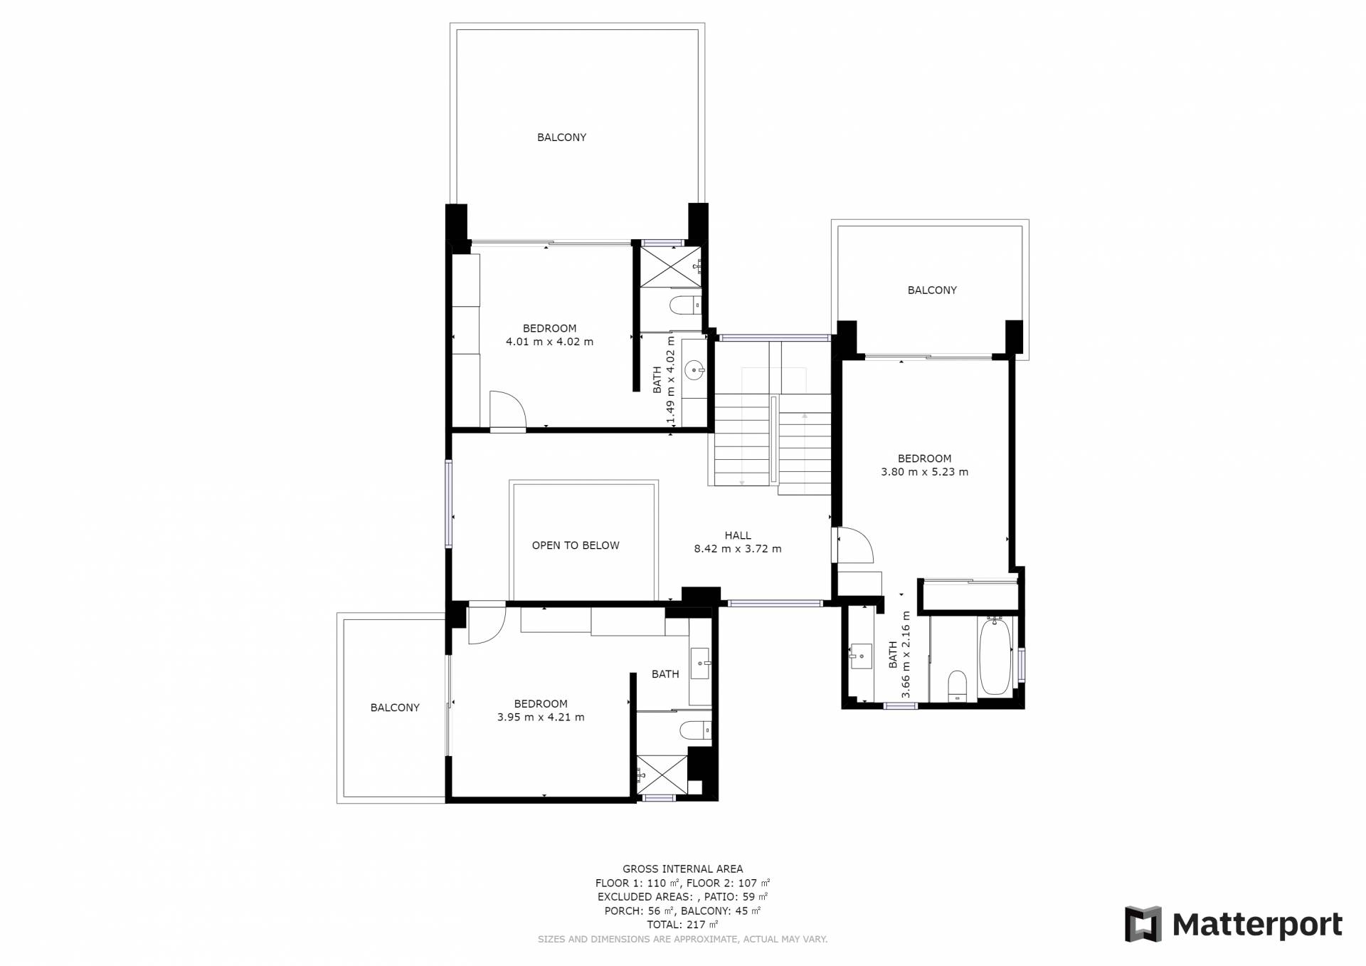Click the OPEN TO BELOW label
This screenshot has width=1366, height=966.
[x=576, y=545]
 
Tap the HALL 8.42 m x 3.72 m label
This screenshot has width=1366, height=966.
[x=738, y=542]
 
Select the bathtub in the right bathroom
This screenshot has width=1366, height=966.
[x=995, y=656]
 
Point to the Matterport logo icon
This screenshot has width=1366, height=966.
[x=1143, y=924]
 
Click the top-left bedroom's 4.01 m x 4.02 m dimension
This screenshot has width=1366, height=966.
[x=549, y=342]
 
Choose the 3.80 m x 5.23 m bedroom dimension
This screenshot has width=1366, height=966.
[x=924, y=472]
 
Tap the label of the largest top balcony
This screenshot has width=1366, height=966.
[x=561, y=137]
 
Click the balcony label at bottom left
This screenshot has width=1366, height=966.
[x=395, y=708]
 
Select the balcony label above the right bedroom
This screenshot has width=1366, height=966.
[x=932, y=290]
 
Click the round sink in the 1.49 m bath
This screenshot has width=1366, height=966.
[x=694, y=369]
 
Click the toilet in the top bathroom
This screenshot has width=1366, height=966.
[x=685, y=305]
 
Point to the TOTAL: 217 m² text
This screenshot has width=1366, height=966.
[x=682, y=925]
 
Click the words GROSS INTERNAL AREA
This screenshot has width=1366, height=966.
[x=682, y=869]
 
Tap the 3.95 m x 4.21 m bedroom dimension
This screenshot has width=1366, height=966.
[x=541, y=718]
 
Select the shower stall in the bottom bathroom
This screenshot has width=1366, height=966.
[x=662, y=775]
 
